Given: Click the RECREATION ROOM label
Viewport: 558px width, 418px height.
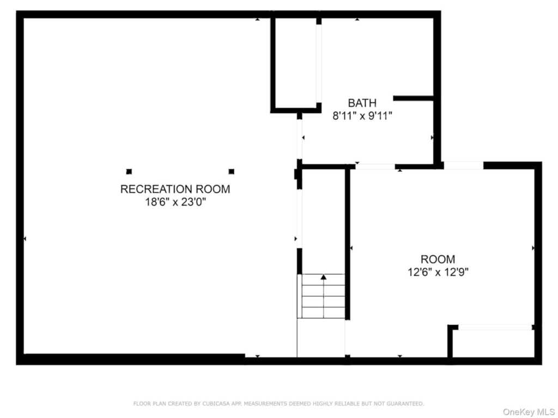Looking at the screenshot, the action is (x=175, y=189).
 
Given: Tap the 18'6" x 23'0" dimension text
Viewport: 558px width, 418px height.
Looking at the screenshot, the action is (x=175, y=202).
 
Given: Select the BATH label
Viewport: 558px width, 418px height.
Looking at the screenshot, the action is (x=362, y=103).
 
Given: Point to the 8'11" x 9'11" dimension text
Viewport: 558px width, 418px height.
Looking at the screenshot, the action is (x=362, y=116).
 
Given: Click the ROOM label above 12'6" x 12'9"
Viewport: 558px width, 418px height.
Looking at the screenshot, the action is (x=438, y=259).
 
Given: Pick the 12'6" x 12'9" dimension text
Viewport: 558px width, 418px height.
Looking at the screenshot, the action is (x=438, y=272).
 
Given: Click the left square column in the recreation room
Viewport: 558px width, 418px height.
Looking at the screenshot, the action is (x=129, y=171).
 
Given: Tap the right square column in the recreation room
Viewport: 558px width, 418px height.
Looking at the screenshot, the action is (x=231, y=171).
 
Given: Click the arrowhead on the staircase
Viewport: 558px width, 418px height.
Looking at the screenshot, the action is (x=323, y=277).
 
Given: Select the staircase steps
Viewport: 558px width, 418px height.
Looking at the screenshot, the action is (x=323, y=296).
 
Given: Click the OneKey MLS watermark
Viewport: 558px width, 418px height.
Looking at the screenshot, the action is (x=528, y=412).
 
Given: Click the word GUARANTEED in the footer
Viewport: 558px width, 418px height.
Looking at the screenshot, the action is (x=405, y=403).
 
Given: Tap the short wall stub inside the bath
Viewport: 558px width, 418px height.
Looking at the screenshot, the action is (x=413, y=98).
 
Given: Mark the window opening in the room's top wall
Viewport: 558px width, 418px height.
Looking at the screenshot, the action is (x=463, y=165).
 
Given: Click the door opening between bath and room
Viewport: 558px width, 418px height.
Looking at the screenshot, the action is (x=375, y=167).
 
